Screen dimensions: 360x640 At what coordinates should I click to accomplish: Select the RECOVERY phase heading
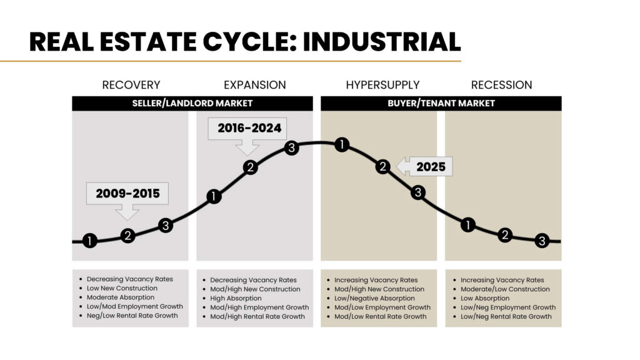coord(131,85)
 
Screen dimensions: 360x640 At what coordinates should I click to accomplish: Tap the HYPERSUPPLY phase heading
coord(382,85)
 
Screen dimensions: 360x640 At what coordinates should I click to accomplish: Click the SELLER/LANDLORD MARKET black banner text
coord(192,103)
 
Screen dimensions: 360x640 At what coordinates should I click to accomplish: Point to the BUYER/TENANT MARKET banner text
coord(441,103)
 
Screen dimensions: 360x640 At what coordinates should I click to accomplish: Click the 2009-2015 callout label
coord(127,194)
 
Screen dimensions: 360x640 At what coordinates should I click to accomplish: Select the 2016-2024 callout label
coord(249,129)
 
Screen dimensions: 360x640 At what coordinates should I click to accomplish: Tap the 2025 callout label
coord(431,166)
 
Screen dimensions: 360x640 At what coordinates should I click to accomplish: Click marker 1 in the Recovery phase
coord(90,241)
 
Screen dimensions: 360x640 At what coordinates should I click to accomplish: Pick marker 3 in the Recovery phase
coord(165,226)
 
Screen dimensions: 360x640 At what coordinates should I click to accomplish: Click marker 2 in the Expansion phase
coord(250,167)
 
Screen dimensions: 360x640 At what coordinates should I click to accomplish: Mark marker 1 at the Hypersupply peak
coord(341,145)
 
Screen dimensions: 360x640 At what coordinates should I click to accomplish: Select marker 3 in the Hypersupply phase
coord(418,192)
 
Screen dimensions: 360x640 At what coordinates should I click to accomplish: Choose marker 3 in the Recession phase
coord(542,241)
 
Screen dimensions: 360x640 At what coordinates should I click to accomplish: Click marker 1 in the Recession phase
coord(468,225)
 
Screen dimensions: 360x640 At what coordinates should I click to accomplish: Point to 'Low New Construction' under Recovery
coord(122,289)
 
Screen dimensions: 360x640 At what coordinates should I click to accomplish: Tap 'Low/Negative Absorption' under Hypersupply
coord(374,298)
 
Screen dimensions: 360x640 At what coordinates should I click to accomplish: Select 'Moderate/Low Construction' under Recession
coord(505,289)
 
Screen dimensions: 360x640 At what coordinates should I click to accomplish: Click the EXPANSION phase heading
coord(254,85)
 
